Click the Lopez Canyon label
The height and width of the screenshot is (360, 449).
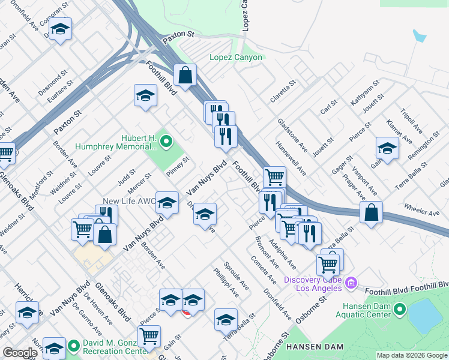click(x=235, y=58)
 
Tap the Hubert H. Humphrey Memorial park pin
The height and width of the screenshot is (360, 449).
click(x=166, y=142)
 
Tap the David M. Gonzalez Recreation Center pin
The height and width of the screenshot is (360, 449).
click(x=74, y=346)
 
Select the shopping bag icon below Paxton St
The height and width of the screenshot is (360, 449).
click(x=185, y=76)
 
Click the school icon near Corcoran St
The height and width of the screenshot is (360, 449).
click(x=60, y=29)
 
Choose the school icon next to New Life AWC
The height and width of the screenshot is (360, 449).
click(x=167, y=202)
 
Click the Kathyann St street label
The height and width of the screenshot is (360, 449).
click(x=362, y=95)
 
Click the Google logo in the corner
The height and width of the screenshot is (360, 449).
click(x=20, y=353)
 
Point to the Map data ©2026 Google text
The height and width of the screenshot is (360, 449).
click(x=412, y=355)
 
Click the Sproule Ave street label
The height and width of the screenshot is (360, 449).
click(x=236, y=275)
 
